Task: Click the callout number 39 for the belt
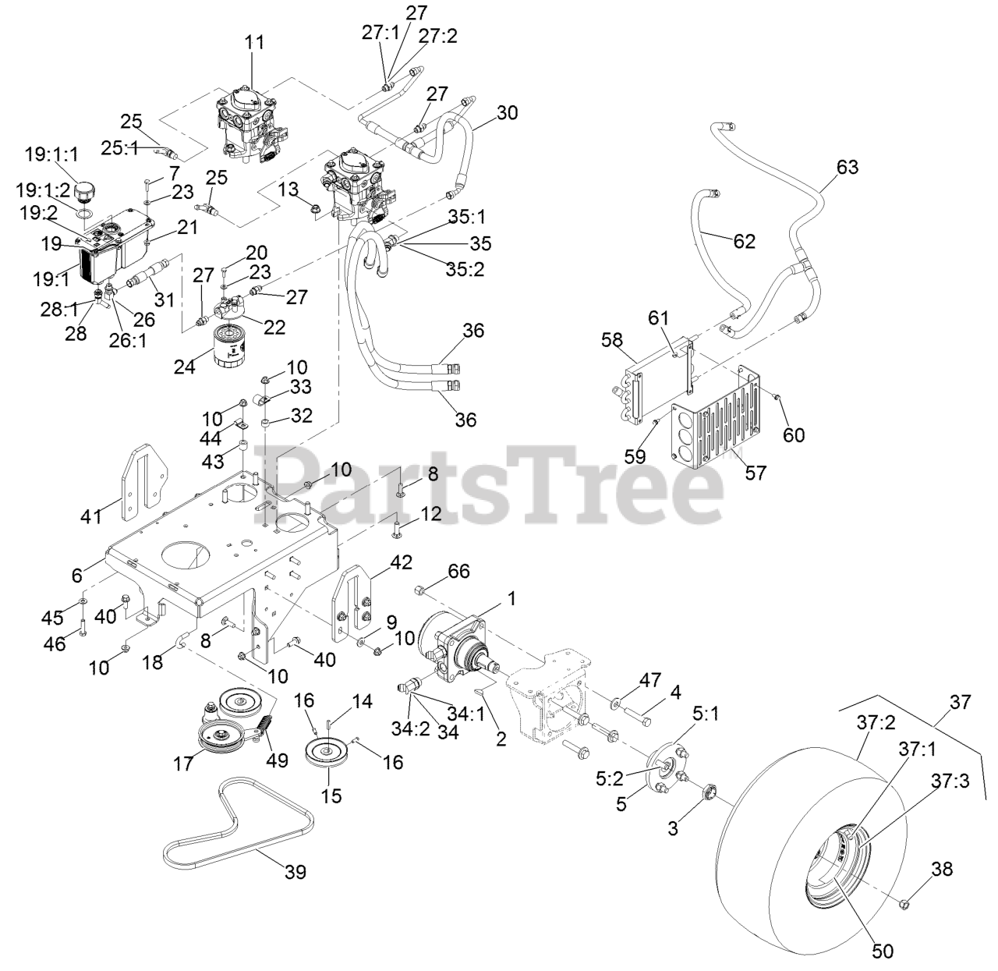[x=295, y=871]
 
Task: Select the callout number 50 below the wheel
[x=883, y=951]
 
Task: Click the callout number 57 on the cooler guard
[x=756, y=473]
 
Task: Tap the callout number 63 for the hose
[x=847, y=167]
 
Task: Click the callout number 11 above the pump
[x=254, y=42]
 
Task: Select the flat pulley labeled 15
[x=327, y=754]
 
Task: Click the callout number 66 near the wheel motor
[x=458, y=571]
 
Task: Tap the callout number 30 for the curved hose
[x=507, y=112]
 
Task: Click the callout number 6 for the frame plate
[x=76, y=575]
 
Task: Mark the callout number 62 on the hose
[x=744, y=241]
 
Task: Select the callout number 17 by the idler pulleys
[x=183, y=764]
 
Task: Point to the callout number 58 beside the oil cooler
[x=612, y=340]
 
